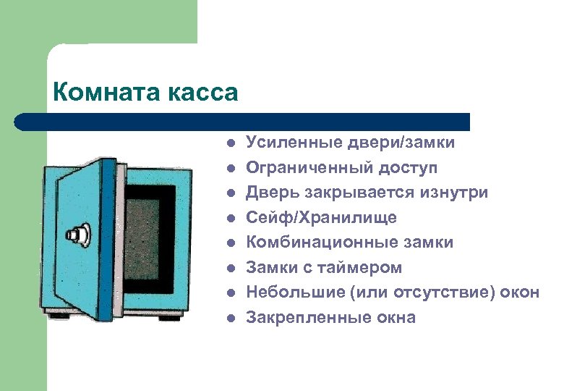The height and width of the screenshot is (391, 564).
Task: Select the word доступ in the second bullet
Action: tap(411, 168)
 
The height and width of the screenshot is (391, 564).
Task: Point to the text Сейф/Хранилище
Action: tap(321, 217)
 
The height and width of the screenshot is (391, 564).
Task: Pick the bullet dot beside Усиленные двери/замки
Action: tap(229, 143)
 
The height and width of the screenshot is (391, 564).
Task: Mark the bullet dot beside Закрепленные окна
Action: tap(229, 318)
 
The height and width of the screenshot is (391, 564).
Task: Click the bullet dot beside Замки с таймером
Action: tap(229, 268)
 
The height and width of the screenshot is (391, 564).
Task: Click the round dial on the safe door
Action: tap(77, 235)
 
